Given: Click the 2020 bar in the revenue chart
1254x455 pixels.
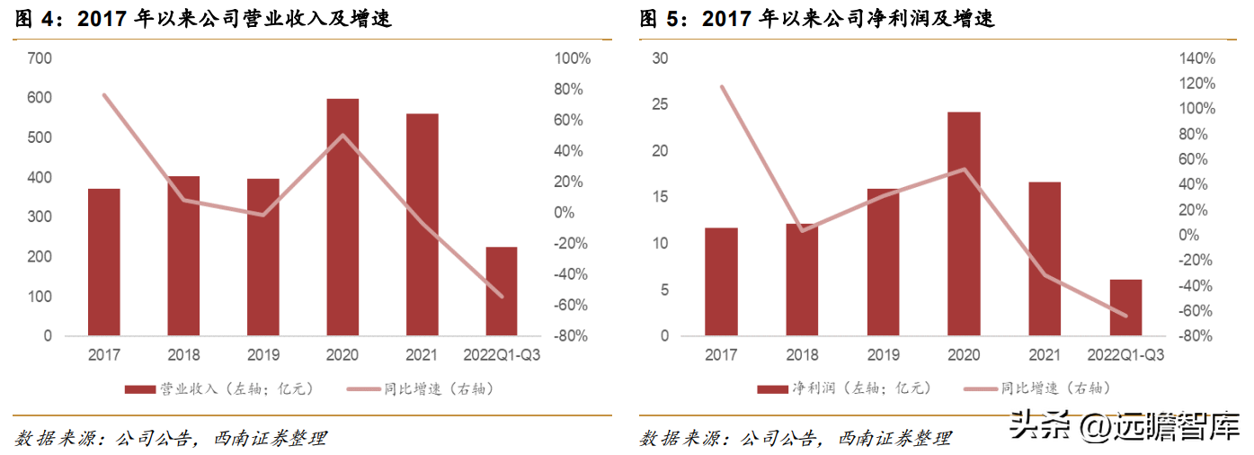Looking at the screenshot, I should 342,217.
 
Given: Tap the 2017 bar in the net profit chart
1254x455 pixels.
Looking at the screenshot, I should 721,281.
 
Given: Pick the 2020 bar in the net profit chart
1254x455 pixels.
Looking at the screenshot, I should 964,224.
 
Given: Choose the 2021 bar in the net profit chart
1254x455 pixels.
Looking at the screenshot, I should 1045,259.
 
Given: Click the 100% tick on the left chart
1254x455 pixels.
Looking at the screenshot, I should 572,58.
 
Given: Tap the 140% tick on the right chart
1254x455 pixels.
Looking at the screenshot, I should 1196,58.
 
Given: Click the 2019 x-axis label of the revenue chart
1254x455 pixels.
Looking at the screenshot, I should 263,355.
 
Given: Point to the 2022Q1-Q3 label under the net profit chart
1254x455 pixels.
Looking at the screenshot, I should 1125,355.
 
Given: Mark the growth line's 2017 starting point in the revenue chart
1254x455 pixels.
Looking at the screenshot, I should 104,95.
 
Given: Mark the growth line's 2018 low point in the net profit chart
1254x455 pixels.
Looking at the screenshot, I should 802,230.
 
